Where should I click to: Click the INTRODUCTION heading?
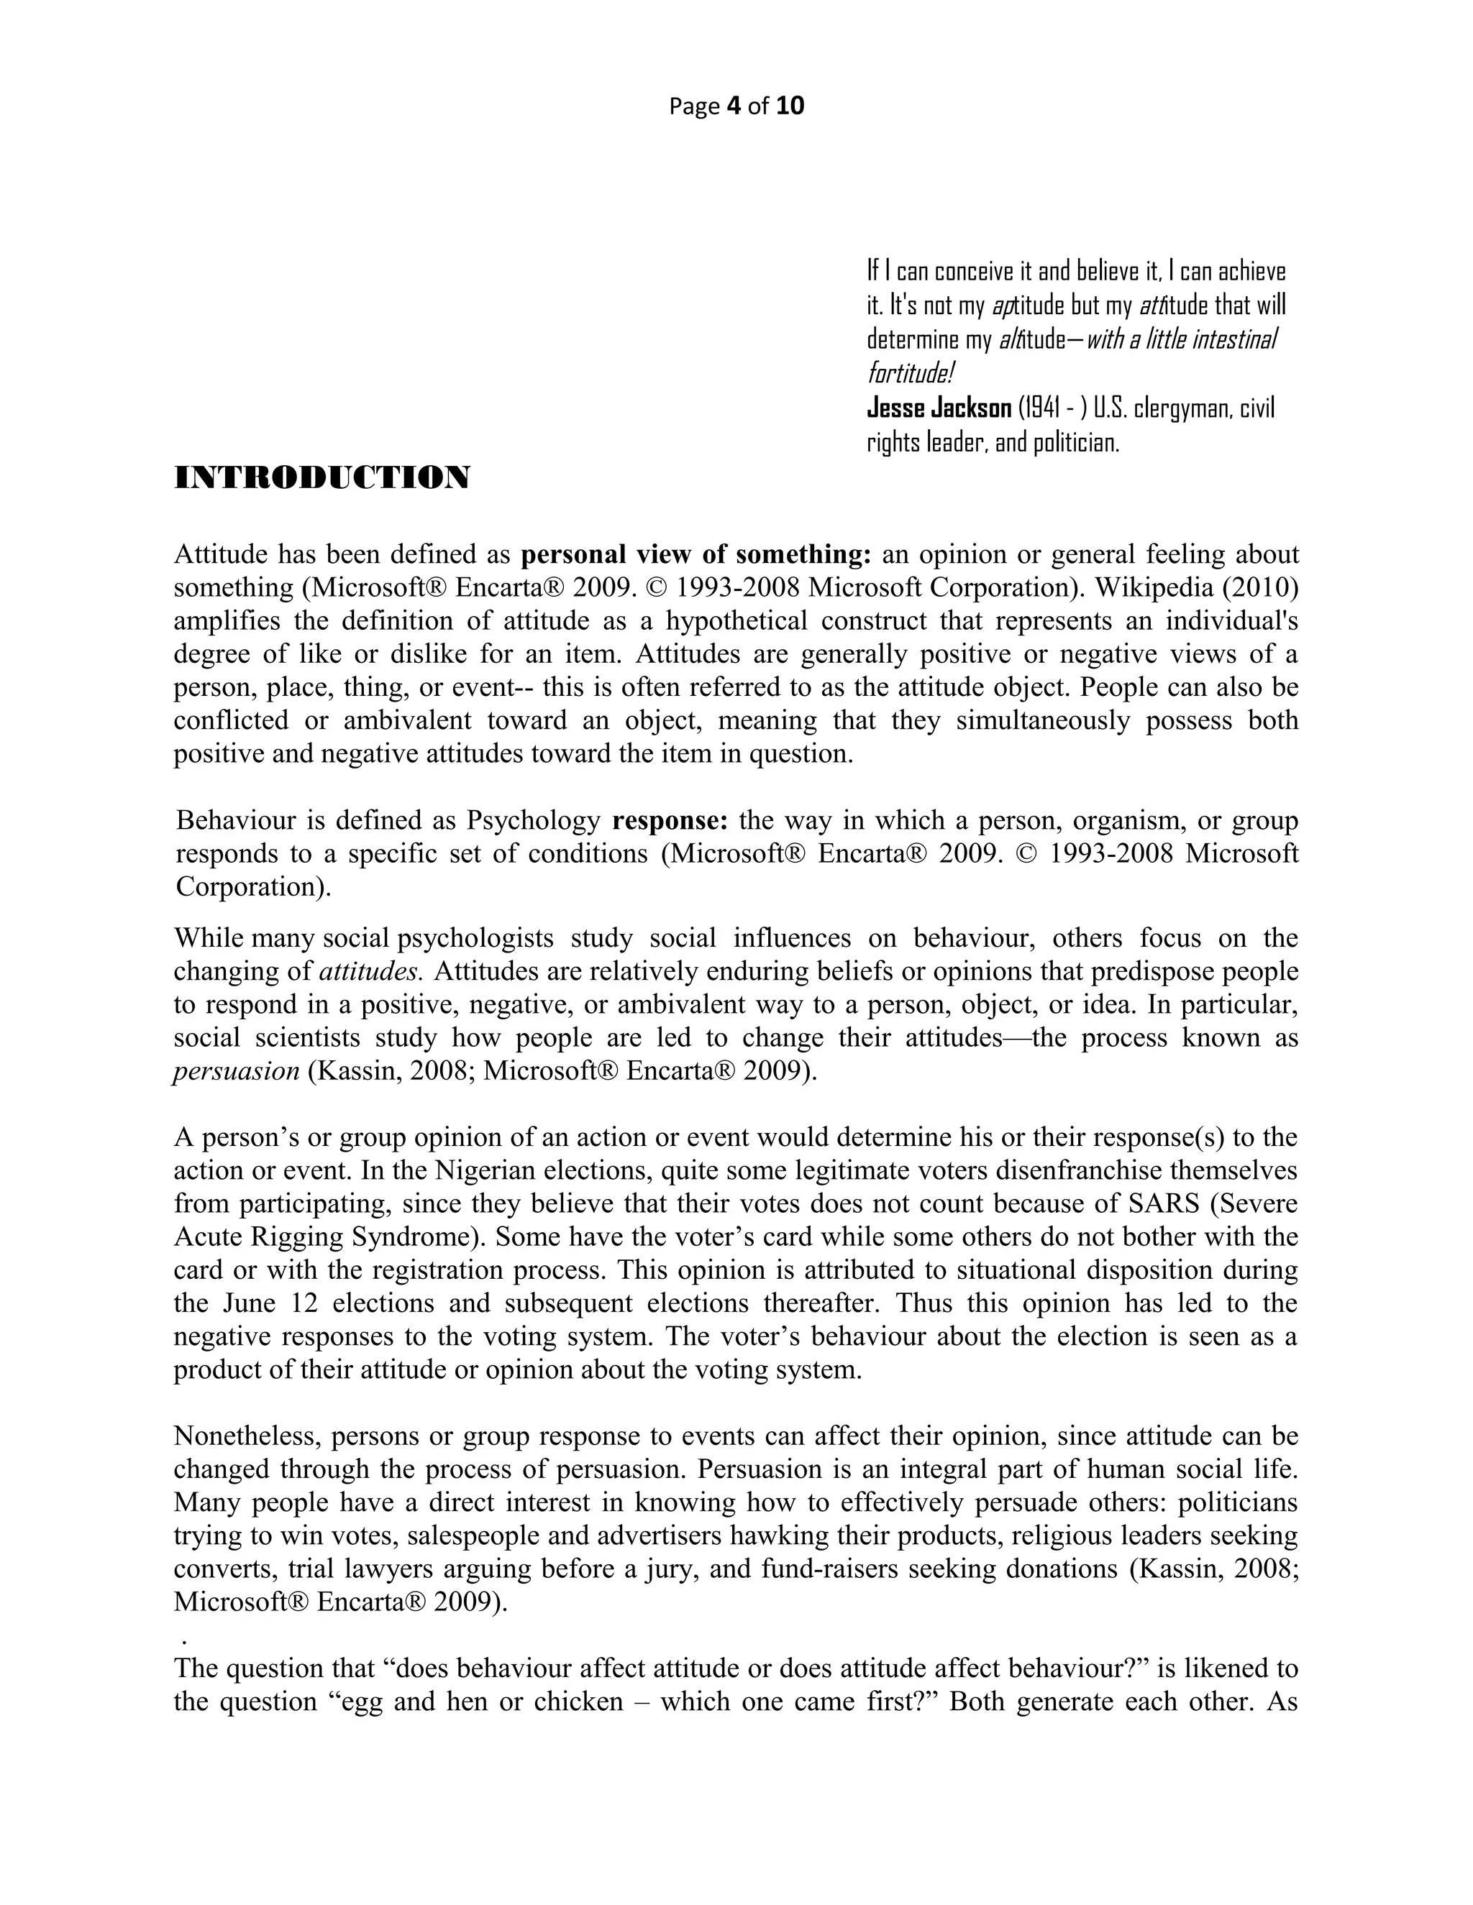[322, 477]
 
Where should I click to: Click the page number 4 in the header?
[733, 106]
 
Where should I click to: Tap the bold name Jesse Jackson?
[938, 408]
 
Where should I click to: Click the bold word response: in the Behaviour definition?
[670, 820]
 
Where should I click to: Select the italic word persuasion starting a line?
[237, 1070]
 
